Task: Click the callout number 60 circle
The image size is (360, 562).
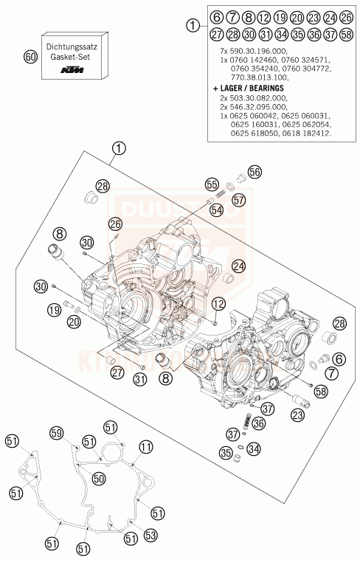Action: click(x=30, y=57)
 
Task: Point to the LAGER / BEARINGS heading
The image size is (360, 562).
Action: click(x=250, y=88)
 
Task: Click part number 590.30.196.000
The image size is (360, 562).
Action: click(x=253, y=47)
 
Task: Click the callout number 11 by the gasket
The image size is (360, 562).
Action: click(x=146, y=446)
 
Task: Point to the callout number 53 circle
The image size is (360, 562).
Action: click(x=150, y=534)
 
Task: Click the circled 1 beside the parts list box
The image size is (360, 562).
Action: click(x=193, y=25)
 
